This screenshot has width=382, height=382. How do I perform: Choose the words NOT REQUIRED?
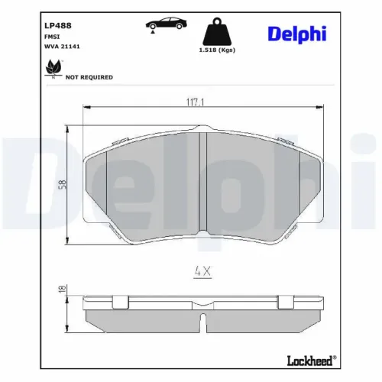(x=89, y=77)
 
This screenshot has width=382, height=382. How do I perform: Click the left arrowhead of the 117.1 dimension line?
(x=85, y=108)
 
